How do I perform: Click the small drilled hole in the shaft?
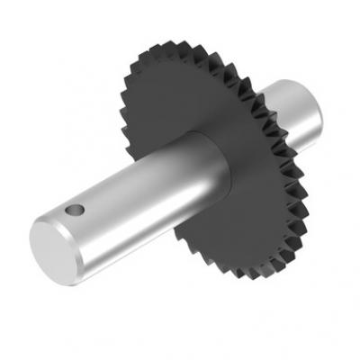click(x=76, y=211)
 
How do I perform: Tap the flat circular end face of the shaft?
click(x=55, y=249)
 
